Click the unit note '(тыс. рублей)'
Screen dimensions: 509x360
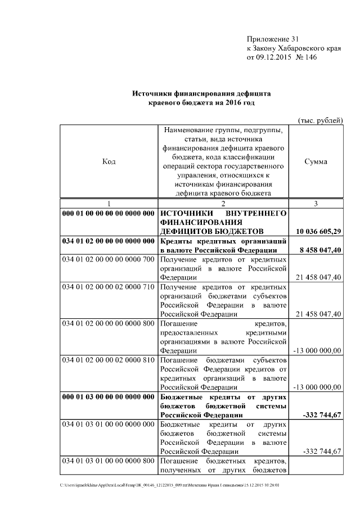coord(319,120)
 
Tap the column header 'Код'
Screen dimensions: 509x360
coord(109,161)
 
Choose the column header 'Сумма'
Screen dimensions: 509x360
coord(316,161)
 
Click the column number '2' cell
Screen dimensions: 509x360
coord(223,204)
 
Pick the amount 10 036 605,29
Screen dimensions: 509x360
coord(318,231)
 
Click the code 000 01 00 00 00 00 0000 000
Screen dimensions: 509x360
coord(108,214)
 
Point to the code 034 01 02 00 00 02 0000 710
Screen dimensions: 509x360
coord(108,287)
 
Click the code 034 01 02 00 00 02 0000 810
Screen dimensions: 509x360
coord(108,360)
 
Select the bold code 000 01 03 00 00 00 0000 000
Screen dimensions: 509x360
coord(108,397)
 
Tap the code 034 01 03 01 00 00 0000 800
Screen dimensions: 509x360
coord(108,461)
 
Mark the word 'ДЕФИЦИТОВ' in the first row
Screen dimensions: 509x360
coord(189,231)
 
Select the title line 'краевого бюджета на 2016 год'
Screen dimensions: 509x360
coord(202,104)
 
